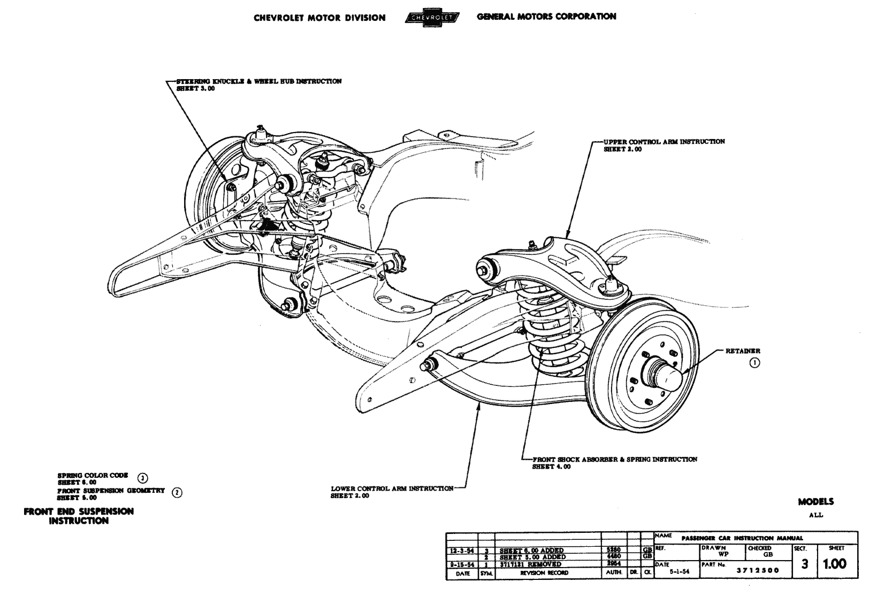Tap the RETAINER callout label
point(742,351)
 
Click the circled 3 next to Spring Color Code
point(142,478)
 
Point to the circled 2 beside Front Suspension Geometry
point(177,493)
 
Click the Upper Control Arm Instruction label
point(664,142)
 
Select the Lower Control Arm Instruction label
point(392,489)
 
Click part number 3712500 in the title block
point(758,570)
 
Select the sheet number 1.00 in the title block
point(835,564)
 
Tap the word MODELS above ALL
point(815,502)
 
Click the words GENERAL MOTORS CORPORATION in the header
point(546,17)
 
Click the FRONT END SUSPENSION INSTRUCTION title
point(79,516)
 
